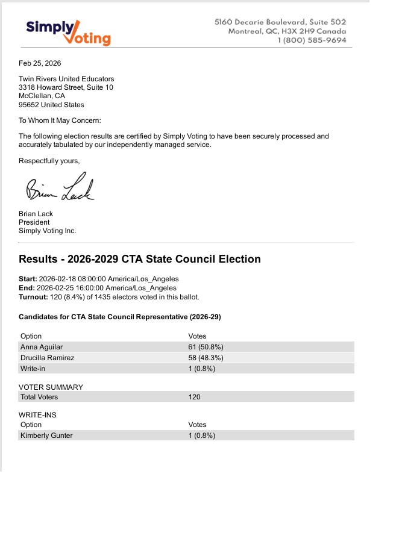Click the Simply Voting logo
click(x=68, y=32)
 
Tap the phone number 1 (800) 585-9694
click(x=312, y=40)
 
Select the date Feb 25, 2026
click(x=40, y=63)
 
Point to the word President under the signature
click(x=34, y=222)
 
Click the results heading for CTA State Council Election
click(x=140, y=259)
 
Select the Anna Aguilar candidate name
click(x=42, y=347)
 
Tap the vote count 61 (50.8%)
click(x=206, y=347)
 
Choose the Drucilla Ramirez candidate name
click(x=48, y=358)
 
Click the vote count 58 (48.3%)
click(x=206, y=358)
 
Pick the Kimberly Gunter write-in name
click(x=46, y=436)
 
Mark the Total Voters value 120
click(x=195, y=397)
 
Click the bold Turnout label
click(x=33, y=297)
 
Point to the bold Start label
click(x=28, y=279)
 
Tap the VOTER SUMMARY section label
click(x=51, y=387)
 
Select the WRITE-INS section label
click(x=37, y=415)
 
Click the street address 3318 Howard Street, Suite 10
click(x=66, y=87)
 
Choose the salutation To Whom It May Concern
click(x=60, y=120)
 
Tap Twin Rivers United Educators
click(x=66, y=79)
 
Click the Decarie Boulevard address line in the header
click(x=280, y=22)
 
